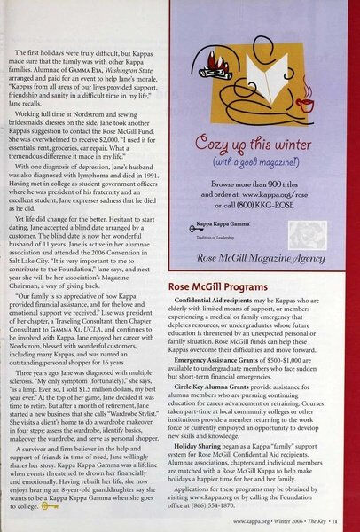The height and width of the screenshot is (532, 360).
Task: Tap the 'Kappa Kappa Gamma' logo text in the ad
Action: pyautogui.click(x=241, y=252)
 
